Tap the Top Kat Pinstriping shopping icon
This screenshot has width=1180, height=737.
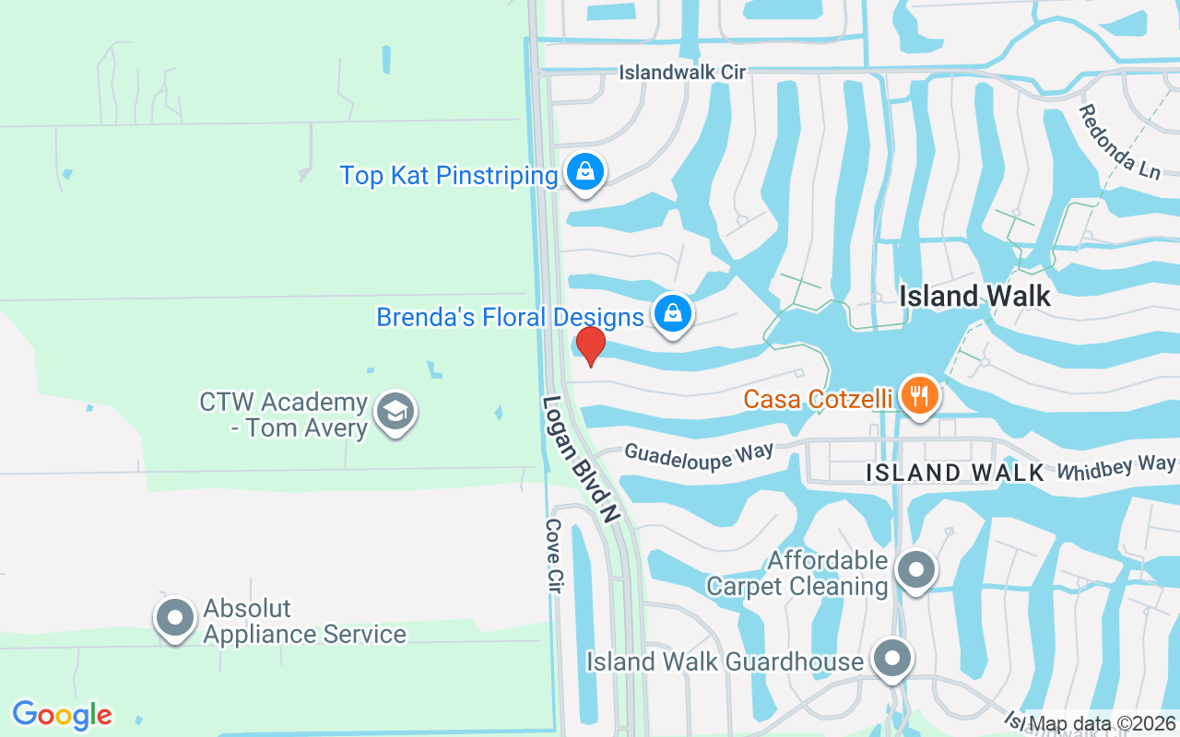pyautogui.click(x=584, y=171)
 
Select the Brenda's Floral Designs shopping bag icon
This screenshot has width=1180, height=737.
pyautogui.click(x=674, y=314)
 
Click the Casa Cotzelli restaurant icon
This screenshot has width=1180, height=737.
pyautogui.click(x=918, y=396)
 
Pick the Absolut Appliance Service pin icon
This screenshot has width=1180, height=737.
pyautogui.click(x=175, y=618)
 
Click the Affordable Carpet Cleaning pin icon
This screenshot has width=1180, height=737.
pyautogui.click(x=915, y=569)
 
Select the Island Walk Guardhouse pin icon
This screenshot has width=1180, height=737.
pyautogui.click(x=891, y=659)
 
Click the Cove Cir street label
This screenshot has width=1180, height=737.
pyautogui.click(x=553, y=556)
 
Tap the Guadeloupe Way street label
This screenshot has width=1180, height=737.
pyautogui.click(x=698, y=452)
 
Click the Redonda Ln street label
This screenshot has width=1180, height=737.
pyautogui.click(x=1118, y=143)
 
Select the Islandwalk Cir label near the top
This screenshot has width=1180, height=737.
pyautogui.click(x=681, y=72)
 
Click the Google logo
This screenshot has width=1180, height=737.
pyautogui.click(x=62, y=715)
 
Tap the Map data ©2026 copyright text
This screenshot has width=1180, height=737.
pyautogui.click(x=1103, y=724)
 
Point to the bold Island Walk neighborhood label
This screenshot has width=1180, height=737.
pyautogui.click(x=974, y=296)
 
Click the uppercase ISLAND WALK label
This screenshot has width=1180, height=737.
pyautogui.click(x=955, y=473)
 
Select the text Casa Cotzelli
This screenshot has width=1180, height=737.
pyautogui.click(x=818, y=399)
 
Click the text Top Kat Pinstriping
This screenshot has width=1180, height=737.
pyautogui.click(x=449, y=175)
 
